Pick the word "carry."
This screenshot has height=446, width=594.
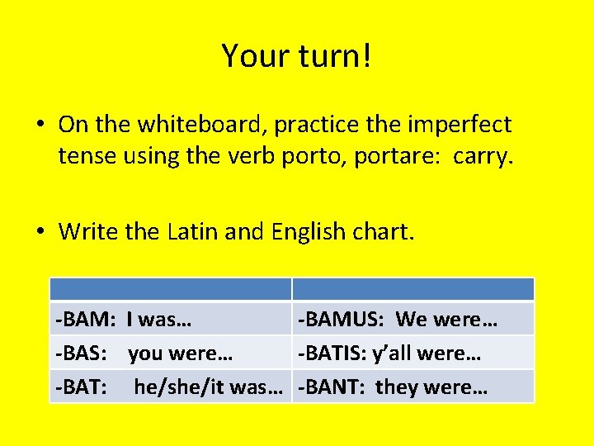click(x=483, y=155)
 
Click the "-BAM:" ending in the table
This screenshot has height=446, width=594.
click(x=84, y=320)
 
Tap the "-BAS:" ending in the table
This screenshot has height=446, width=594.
click(x=81, y=353)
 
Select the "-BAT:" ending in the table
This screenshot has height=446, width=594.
click(x=81, y=387)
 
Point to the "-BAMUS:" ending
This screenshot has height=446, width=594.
click(x=342, y=320)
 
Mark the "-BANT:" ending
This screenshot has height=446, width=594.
click(x=332, y=387)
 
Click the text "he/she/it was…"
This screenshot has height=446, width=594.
click(x=211, y=387)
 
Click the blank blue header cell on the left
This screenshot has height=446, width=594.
click(x=171, y=289)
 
